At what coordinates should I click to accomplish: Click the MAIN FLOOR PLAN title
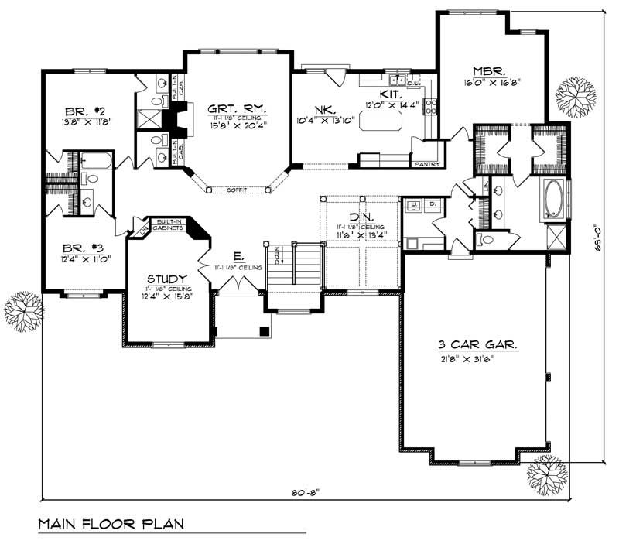pyautogui.click(x=111, y=524)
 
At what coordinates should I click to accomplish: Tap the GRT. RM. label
pyautogui.click(x=238, y=109)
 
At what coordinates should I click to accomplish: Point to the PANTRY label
pyautogui.click(x=427, y=164)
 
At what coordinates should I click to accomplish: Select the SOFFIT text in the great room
pyautogui.click(x=237, y=190)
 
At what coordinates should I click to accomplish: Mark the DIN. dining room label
pyautogui.click(x=361, y=217)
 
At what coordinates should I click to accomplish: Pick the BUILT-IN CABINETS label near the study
pyautogui.click(x=168, y=224)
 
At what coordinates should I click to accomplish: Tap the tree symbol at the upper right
pyautogui.click(x=576, y=96)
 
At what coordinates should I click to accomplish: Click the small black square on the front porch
pyautogui.click(x=265, y=331)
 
